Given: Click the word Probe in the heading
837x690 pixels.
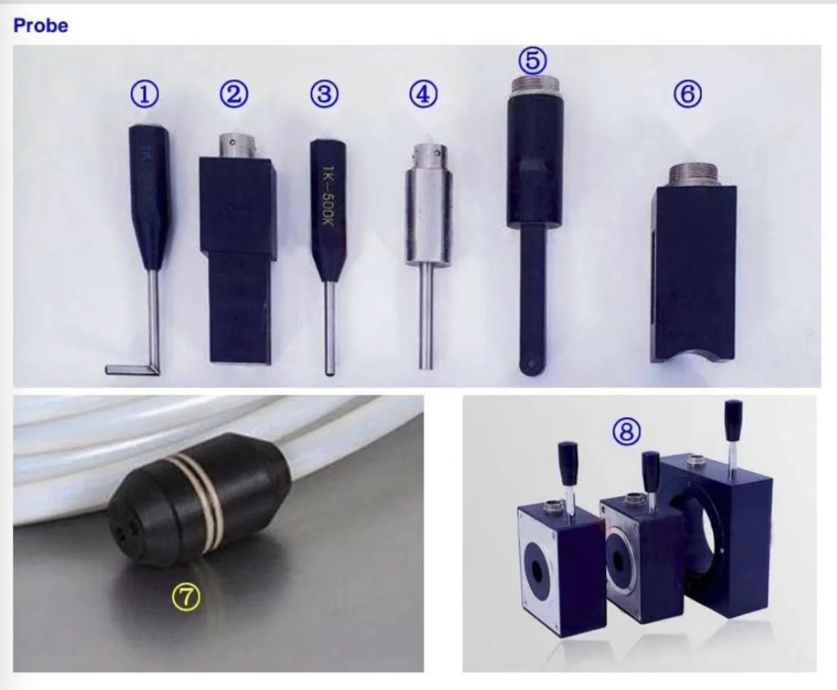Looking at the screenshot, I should (x=40, y=25).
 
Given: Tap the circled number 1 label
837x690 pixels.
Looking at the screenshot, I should (x=145, y=95).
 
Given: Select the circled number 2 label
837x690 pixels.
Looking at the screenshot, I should (x=233, y=95).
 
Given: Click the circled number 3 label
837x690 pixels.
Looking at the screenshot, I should (x=324, y=95).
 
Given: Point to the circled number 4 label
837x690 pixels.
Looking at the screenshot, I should (x=423, y=95).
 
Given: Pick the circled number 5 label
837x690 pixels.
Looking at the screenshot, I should (x=532, y=61).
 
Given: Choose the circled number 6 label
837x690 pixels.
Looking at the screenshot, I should (x=687, y=95).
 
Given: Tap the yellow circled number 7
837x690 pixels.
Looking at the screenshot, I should (x=186, y=597).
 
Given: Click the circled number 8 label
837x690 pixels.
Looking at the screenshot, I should (x=627, y=431).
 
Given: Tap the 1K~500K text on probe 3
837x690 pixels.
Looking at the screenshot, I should (x=328, y=196).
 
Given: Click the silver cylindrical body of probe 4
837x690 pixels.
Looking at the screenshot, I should (x=428, y=217).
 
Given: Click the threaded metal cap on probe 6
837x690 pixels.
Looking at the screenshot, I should (x=694, y=175).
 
